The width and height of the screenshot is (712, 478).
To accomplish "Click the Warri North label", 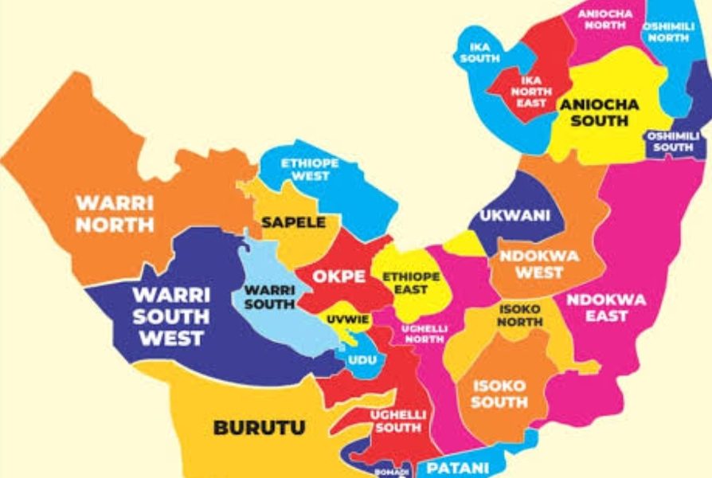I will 115,213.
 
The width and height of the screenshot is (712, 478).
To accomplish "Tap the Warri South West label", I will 171,316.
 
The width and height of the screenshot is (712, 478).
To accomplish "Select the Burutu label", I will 259,428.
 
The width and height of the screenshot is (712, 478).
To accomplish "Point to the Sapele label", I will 294,222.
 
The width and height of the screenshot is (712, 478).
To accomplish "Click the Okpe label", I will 339,276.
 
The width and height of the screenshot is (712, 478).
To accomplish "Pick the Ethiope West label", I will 310,169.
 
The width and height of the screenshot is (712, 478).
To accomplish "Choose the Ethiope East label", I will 411,283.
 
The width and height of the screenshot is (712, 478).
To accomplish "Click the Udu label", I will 362,361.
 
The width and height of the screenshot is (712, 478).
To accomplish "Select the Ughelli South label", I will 397,421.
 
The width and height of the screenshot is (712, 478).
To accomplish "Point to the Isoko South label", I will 499,394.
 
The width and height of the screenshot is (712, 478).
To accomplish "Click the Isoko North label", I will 520,315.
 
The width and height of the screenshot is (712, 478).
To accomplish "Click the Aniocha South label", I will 605,112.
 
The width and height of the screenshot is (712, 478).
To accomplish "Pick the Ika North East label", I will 531,92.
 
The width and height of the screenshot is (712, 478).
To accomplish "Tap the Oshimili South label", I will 673,142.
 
